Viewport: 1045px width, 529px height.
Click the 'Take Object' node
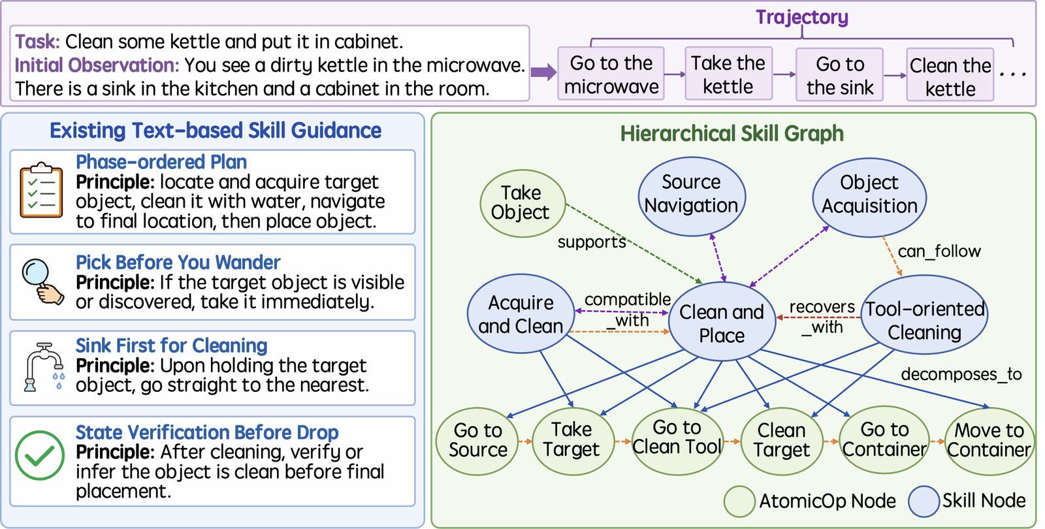(x=522, y=203)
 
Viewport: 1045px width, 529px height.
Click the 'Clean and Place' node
(x=722, y=321)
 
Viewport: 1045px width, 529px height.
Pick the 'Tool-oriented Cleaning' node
(x=924, y=314)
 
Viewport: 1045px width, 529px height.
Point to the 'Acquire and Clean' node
(x=521, y=313)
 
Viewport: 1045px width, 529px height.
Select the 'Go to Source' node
(x=477, y=440)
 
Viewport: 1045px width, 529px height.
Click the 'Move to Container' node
(x=989, y=441)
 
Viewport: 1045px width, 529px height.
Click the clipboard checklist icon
(x=41, y=190)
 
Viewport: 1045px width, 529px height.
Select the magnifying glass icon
(x=42, y=281)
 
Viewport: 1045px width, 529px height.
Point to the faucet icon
(x=43, y=367)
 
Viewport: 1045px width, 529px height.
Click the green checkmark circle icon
(x=40, y=455)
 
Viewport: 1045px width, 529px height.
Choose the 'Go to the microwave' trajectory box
(x=611, y=74)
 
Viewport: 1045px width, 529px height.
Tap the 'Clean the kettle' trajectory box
(x=950, y=74)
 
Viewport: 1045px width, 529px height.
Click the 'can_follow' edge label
(x=939, y=251)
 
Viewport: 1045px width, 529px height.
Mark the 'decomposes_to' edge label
(x=961, y=374)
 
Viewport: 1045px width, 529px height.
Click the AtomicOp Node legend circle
(x=739, y=502)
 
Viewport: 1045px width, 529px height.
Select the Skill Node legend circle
(x=924, y=502)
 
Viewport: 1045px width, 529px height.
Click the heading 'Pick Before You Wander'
(x=178, y=263)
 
